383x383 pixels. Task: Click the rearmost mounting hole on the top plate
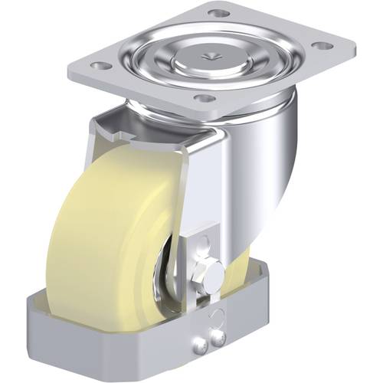pos(219,14)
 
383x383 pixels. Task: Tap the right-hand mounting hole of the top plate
pos(325,46)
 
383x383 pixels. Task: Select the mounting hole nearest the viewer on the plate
pos(203,99)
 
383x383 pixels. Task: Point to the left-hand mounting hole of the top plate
pos(97,65)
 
